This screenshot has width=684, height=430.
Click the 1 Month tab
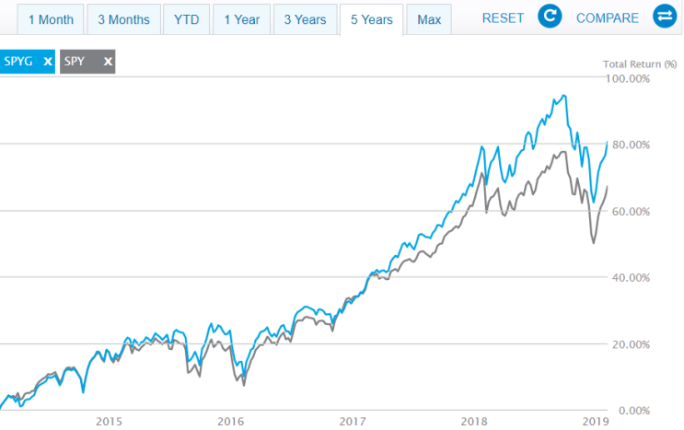point(44,18)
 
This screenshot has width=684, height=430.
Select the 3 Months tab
point(123,18)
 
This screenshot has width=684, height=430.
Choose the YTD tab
point(186,18)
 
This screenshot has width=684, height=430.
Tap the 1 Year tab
point(242,18)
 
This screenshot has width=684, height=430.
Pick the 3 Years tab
point(306,18)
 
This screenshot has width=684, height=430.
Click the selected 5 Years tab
point(371,18)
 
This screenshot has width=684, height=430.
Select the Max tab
point(428,18)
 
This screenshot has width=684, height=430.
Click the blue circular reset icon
point(550,17)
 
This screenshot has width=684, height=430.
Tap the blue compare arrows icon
point(664,17)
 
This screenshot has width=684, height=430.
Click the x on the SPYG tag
point(46,62)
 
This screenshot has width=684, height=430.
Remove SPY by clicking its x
point(108,62)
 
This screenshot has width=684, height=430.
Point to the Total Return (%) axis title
point(639,64)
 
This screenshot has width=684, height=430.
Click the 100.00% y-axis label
point(629,79)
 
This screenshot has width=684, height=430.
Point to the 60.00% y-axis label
point(631,211)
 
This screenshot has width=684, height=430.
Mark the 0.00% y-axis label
point(632,410)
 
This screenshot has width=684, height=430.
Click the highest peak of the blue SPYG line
point(562,95)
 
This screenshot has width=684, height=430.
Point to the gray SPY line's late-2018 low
point(594,243)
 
